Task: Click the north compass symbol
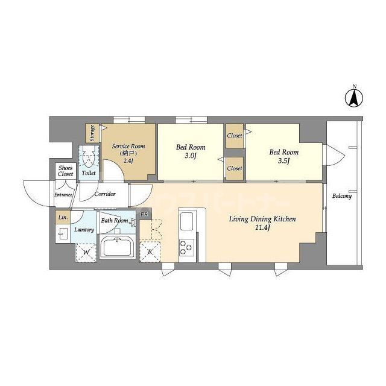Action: (355, 98)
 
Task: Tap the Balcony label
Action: (342, 197)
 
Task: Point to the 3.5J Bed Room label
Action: (283, 156)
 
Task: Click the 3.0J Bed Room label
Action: (191, 151)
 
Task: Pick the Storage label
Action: (92, 133)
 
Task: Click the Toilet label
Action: (88, 173)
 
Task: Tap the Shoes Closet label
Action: (65, 171)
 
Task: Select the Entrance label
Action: (63, 195)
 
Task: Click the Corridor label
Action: (105, 194)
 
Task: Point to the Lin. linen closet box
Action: (62, 217)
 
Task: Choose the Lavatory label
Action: (84, 230)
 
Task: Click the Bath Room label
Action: (115, 221)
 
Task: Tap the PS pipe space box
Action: (144, 214)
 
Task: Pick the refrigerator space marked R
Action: (150, 251)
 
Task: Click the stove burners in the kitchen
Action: (185, 246)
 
